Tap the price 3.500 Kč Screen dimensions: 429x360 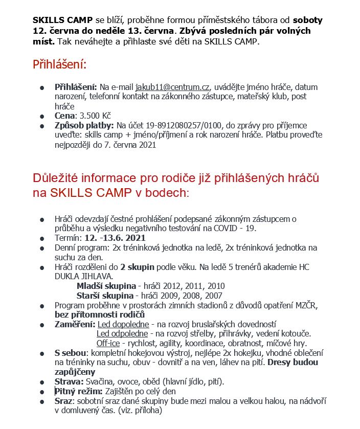click(x=94, y=116)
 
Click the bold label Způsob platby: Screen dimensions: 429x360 click(x=84, y=125)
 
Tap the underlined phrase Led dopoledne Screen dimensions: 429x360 click(x=123, y=324)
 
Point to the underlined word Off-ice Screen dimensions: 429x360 click(x=108, y=343)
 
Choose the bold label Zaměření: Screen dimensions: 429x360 click(x=75, y=324)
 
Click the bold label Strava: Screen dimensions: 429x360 click(x=70, y=381)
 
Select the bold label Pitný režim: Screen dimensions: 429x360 click(x=78, y=391)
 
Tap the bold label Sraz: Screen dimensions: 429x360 click(x=64, y=400)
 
